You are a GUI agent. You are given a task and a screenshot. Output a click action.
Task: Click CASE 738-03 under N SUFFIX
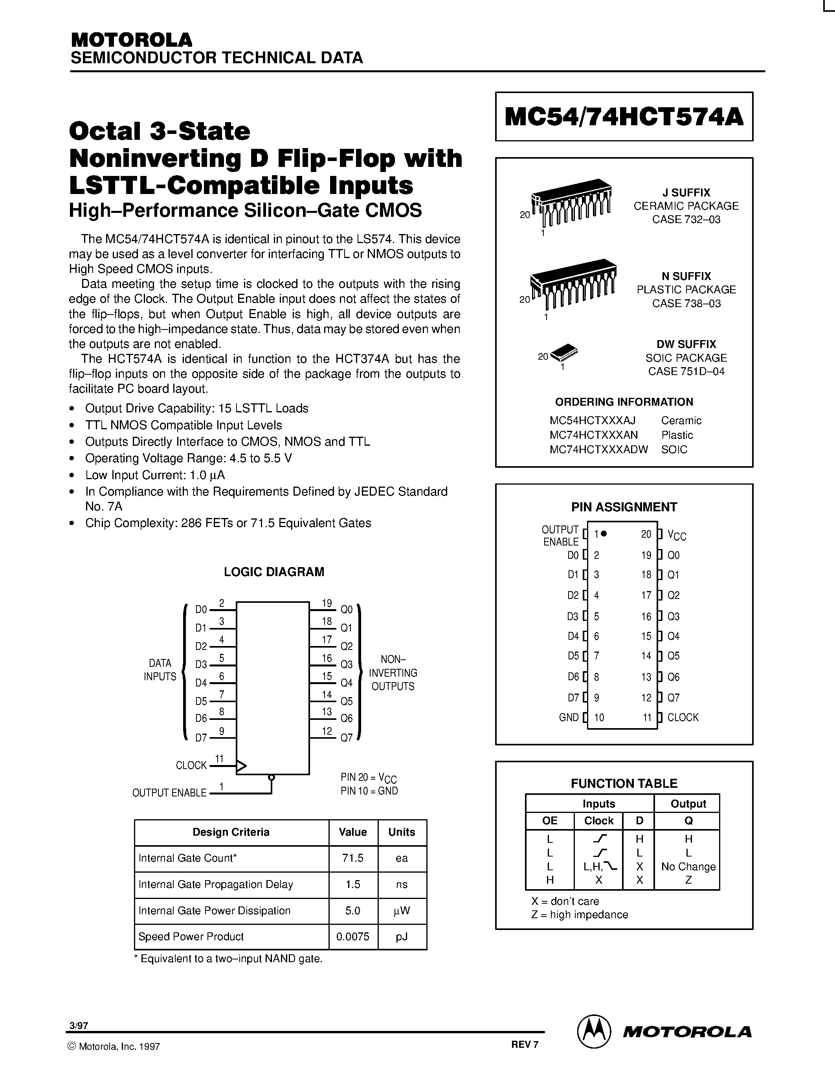coord(686,304)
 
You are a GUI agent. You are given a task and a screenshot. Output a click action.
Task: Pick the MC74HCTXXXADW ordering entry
coord(598,450)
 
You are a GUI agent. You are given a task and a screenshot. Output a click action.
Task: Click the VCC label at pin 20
coord(677,535)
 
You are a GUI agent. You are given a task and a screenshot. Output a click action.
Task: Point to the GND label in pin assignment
coord(568,718)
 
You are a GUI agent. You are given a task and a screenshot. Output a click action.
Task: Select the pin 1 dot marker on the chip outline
coord(604,534)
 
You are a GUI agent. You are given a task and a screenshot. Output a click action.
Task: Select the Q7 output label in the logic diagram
coord(346,738)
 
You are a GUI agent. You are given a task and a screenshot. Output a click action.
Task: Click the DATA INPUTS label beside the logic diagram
coord(160,670)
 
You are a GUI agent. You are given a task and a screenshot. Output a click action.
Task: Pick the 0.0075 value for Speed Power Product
coord(353,937)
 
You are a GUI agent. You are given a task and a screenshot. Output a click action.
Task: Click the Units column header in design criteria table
coord(401,832)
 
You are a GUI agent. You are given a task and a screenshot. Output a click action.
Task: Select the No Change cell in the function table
coord(688,866)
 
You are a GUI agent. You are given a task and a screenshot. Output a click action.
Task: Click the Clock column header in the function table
coord(598,821)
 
